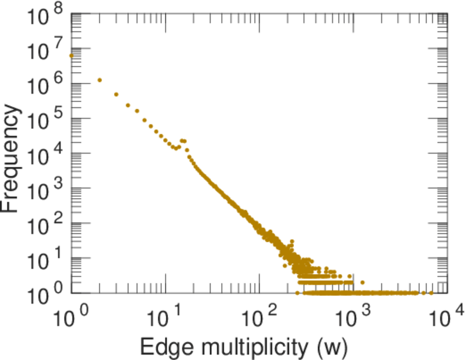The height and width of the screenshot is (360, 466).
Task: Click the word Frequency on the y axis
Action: [x=12, y=158]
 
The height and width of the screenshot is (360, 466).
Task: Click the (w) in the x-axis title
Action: [x=332, y=346]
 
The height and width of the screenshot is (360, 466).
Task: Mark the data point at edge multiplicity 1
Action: [x=71, y=56]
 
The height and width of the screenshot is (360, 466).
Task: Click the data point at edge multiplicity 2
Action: [x=100, y=80]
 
